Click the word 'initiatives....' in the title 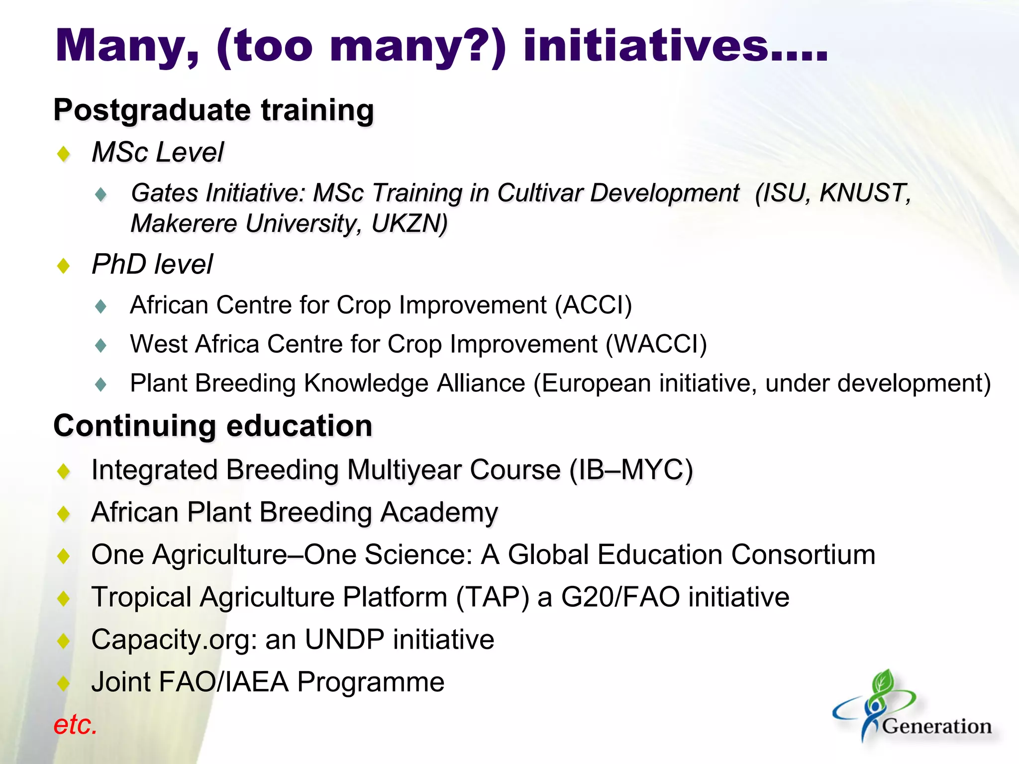tap(675, 46)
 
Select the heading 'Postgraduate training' tap(213, 110)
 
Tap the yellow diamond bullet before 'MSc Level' tap(64, 154)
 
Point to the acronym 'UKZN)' tap(409, 223)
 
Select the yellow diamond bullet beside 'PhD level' tap(64, 266)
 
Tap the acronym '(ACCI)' tap(594, 305)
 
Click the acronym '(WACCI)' tap(656, 344)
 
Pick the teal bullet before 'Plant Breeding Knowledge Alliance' tap(101, 384)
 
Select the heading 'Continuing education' tap(213, 426)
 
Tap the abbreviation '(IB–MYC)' tap(631, 470)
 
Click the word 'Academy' tap(439, 512)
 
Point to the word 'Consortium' tap(803, 555)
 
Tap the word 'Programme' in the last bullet tap(371, 682)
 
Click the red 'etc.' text tap(75, 725)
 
